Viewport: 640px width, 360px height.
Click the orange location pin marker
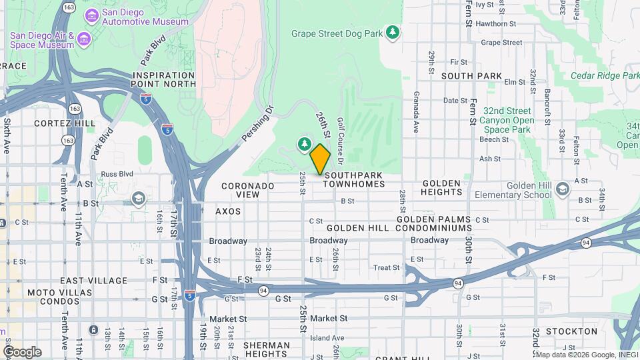click(x=320, y=159)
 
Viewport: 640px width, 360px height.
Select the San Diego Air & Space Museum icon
click(x=83, y=39)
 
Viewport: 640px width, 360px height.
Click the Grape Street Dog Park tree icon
click(x=393, y=32)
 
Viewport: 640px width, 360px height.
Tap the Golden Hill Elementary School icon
click(x=562, y=189)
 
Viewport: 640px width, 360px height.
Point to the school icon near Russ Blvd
click(x=138, y=198)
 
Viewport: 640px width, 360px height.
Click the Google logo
click(x=21, y=351)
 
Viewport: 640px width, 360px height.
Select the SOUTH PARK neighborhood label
click(x=471, y=77)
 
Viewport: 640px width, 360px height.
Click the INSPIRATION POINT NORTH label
click(x=164, y=80)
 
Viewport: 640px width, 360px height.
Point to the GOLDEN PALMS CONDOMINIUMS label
click(x=434, y=223)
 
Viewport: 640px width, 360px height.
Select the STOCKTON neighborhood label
click(x=571, y=331)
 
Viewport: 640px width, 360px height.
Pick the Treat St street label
click(x=387, y=268)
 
